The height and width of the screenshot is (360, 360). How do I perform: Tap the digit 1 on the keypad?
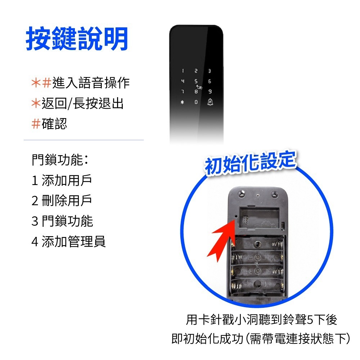coord(183,72)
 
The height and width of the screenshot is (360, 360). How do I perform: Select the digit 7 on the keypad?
coord(183,92)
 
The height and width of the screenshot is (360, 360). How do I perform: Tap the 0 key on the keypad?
coord(196,102)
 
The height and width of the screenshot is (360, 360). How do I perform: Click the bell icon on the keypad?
coord(210,102)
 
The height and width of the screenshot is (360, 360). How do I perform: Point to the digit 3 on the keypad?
coord(210,72)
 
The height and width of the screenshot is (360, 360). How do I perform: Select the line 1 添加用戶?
coord(62,180)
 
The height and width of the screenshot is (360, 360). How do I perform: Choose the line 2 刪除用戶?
coord(62,201)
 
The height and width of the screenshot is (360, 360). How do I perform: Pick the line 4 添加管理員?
coord(68,242)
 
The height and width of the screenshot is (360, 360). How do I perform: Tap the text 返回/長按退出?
coord(83,104)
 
